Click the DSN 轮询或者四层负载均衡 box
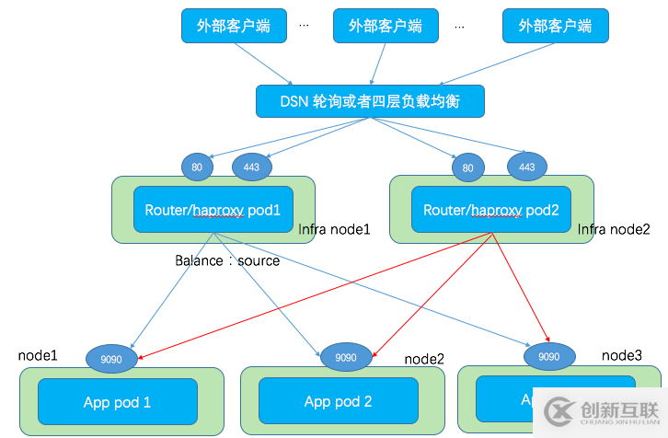(369, 100)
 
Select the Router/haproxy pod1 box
(213, 211)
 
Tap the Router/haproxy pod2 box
(490, 211)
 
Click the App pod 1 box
(117, 402)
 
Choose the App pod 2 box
(339, 401)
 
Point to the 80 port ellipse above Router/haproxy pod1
(197, 167)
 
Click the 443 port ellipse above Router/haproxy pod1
(249, 167)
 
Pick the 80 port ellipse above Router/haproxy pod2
(467, 167)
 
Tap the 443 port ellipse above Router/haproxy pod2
(526, 167)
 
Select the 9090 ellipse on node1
(111, 357)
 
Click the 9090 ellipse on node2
(345, 356)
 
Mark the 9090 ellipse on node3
(547, 355)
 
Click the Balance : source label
(227, 260)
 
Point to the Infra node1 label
(335, 228)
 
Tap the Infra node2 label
(614, 228)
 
